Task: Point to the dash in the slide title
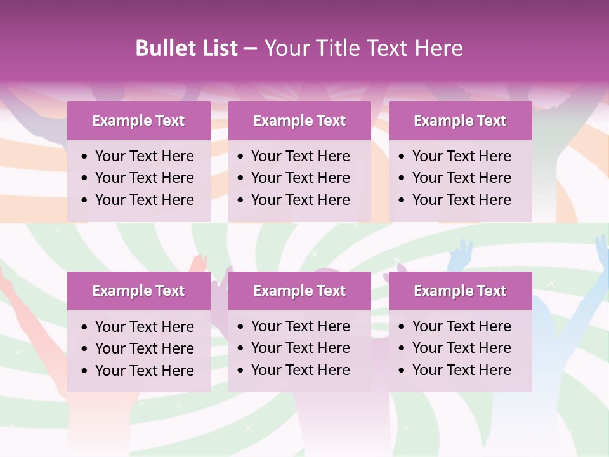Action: [x=250, y=49]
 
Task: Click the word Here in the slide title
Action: [x=438, y=48]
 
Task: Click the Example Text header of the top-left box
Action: [x=138, y=121]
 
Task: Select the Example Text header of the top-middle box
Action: [x=299, y=121]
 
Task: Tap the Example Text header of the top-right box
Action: [x=460, y=121]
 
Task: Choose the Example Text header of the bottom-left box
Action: [x=138, y=291]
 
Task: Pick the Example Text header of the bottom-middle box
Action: [x=299, y=291]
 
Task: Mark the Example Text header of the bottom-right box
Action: [x=460, y=291]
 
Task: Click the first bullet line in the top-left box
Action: [x=144, y=156]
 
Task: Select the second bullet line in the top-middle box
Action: [x=300, y=178]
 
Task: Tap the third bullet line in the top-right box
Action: [x=461, y=199]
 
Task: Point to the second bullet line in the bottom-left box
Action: [x=144, y=348]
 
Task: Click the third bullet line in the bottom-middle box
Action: [x=300, y=370]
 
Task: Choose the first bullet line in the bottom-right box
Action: [x=461, y=326]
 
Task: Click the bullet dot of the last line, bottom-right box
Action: [x=402, y=371]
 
